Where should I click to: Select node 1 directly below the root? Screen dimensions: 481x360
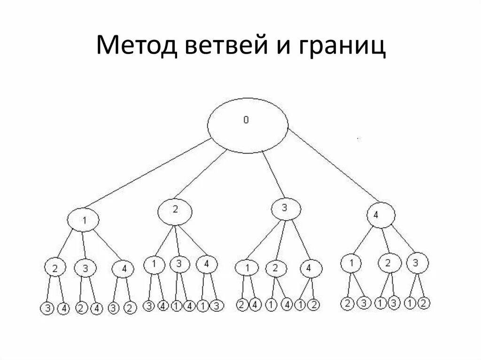[84, 219]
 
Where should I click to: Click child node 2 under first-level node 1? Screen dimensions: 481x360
[55, 268]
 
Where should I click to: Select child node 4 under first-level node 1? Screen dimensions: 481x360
[123, 269]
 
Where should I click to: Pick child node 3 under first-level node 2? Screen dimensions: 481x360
[179, 264]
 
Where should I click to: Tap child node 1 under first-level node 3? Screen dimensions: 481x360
[247, 268]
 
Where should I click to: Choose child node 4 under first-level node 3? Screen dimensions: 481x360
[308, 268]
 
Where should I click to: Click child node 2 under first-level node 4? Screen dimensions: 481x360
[388, 263]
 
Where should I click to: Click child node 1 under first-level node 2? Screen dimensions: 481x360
[153, 264]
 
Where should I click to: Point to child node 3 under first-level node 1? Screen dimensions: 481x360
[85, 268]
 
